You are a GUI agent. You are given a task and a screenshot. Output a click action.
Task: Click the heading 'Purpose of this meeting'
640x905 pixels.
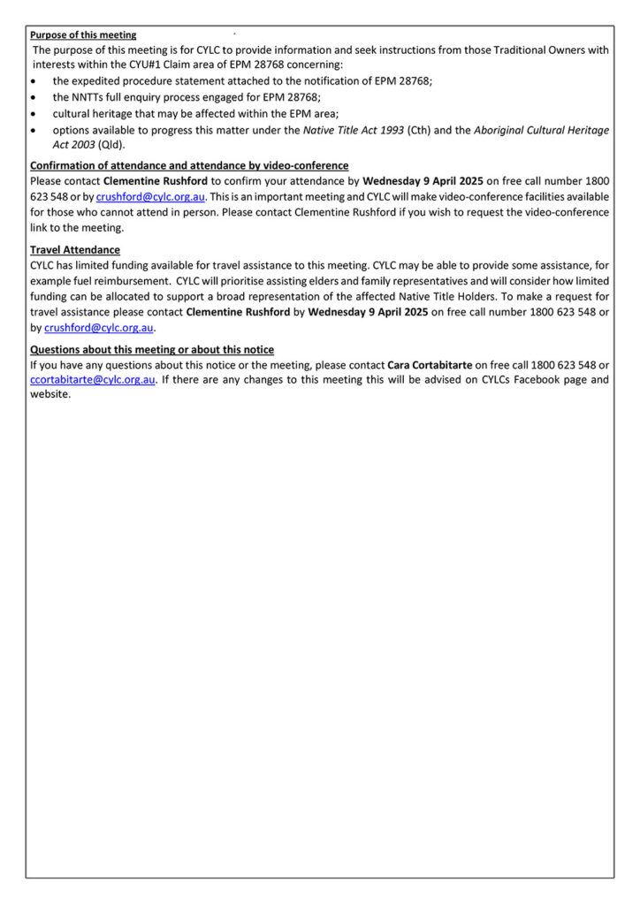click(x=83, y=35)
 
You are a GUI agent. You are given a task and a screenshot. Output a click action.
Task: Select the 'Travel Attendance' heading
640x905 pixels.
click(x=75, y=250)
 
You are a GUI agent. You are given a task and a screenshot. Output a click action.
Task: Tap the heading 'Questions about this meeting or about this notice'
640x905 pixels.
click(x=152, y=350)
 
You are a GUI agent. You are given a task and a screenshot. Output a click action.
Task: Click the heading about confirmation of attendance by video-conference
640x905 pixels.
click(x=189, y=165)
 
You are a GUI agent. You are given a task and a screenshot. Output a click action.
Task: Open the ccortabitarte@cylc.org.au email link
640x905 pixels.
click(x=93, y=380)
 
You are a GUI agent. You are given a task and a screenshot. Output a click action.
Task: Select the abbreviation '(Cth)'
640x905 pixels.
click(x=420, y=130)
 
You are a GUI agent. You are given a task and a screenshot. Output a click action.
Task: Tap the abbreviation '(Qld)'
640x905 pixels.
click(x=111, y=145)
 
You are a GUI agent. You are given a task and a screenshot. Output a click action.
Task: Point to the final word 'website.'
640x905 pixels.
click(x=50, y=394)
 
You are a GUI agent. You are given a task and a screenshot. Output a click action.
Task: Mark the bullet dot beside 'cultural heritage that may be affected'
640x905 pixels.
click(x=34, y=114)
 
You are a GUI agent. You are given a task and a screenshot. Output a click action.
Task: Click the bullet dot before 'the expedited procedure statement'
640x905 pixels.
click(x=34, y=81)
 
